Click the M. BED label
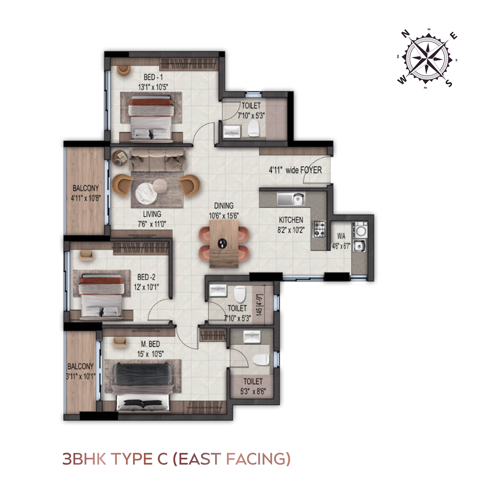(x=150, y=344)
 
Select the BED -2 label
(x=146, y=277)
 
